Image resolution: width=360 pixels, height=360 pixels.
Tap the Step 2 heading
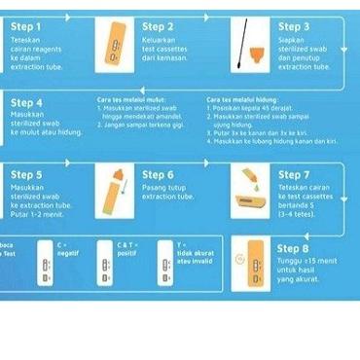click(x=157, y=25)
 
